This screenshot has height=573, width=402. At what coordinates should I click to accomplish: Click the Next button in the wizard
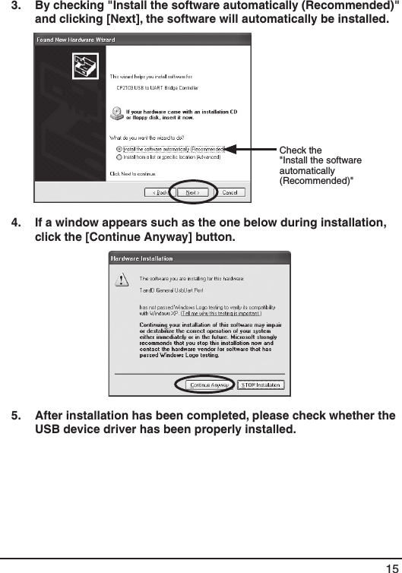(x=192, y=192)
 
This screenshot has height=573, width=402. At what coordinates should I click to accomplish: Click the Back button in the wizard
(x=160, y=192)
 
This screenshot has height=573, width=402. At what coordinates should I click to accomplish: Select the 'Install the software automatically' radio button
(x=119, y=149)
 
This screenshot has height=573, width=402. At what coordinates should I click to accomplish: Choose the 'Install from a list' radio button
(x=119, y=157)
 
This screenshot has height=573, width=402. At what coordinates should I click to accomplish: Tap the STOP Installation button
(x=261, y=385)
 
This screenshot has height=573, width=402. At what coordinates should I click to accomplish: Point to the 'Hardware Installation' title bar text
(x=142, y=258)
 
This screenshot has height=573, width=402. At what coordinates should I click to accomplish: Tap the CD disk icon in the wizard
(x=117, y=114)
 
